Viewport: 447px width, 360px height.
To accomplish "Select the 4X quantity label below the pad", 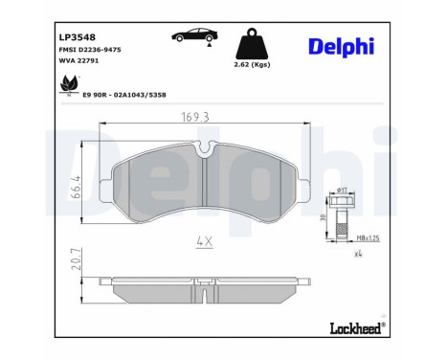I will coord(203,243).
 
